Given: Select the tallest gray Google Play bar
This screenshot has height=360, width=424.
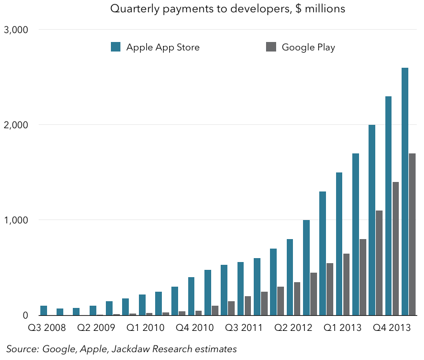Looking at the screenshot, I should coord(412,235).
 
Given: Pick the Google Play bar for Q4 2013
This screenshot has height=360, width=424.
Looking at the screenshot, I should coord(396,249).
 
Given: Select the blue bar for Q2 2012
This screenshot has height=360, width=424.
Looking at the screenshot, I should coord(290,277).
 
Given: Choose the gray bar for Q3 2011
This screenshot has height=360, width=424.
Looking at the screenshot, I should coord(248,306).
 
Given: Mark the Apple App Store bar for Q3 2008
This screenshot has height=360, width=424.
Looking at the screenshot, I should coord(44,310).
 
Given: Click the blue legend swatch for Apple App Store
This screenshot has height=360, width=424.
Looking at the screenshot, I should coord(116,47).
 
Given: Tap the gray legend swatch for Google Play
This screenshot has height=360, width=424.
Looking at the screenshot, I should coord(271,47).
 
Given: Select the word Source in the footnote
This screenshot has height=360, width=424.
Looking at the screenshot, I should coord(22,349).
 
